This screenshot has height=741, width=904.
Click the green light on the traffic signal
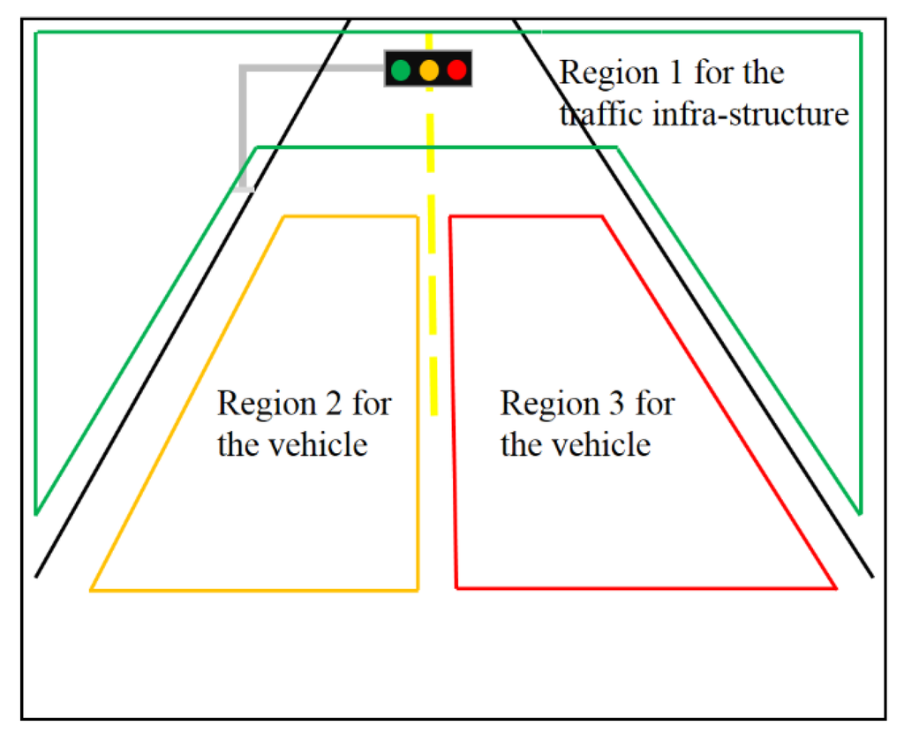(401, 69)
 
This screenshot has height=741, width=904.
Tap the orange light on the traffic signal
(429, 69)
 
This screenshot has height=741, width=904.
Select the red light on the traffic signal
(456, 69)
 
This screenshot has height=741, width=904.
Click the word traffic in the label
(596, 115)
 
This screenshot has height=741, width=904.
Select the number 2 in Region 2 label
(331, 404)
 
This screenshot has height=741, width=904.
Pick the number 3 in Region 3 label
(614, 404)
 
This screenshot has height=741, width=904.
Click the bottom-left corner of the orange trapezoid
(91, 589)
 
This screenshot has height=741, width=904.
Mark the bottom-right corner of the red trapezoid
(835, 587)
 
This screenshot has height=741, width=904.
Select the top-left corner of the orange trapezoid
(283, 216)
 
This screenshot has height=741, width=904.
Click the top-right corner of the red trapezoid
(602, 216)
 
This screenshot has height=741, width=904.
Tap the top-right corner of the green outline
(861, 33)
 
